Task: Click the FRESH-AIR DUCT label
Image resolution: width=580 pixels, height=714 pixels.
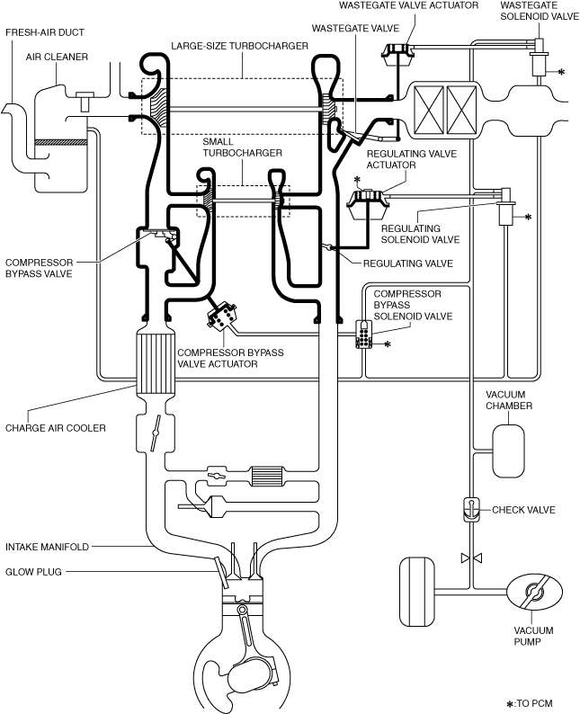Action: tap(45, 32)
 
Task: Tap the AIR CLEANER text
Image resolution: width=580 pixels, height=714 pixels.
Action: tap(57, 57)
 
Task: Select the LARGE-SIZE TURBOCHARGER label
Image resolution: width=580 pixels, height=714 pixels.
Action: tap(239, 46)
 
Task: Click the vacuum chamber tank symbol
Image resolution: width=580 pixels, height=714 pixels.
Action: tap(509, 451)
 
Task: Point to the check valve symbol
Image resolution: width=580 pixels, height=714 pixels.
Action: tap(470, 510)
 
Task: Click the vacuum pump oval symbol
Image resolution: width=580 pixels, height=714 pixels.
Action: tap(531, 592)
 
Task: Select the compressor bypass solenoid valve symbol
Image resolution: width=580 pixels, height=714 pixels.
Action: tap(364, 335)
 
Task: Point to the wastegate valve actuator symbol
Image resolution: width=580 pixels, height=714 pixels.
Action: tap(397, 55)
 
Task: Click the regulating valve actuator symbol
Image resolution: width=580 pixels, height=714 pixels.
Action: tap(367, 202)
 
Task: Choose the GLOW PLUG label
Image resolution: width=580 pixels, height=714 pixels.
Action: tap(33, 572)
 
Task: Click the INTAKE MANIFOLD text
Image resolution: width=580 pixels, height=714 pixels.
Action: tap(47, 547)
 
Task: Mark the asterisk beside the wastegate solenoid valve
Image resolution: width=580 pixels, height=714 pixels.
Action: tap(561, 72)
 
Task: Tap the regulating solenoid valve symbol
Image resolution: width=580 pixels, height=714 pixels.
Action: tap(506, 206)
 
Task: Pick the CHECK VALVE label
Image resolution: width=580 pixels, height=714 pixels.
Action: tap(523, 510)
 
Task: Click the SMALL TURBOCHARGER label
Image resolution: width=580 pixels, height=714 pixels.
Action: tap(242, 147)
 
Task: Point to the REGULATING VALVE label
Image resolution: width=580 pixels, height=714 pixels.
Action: tap(408, 263)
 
